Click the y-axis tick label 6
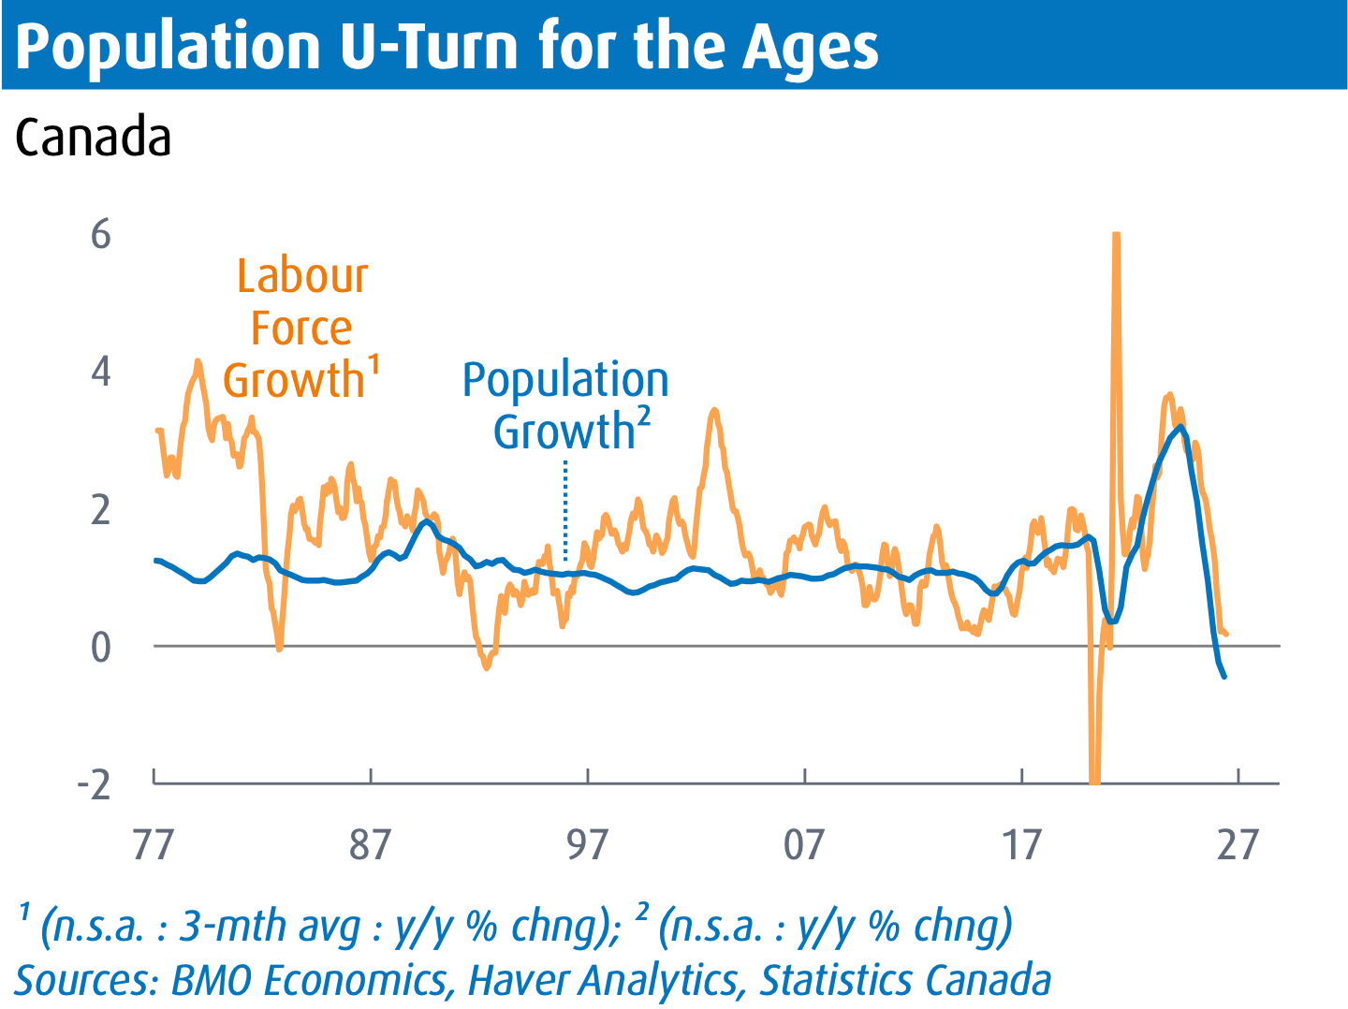click(x=101, y=234)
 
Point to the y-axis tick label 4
click(x=101, y=372)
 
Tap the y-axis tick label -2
click(x=94, y=784)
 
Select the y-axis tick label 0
click(x=101, y=648)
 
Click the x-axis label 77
click(x=154, y=845)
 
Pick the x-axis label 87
click(x=370, y=845)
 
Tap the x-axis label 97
click(x=587, y=845)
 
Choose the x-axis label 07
click(x=804, y=845)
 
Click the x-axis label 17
click(x=1021, y=845)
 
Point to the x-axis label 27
click(x=1238, y=845)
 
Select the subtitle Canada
click(x=93, y=137)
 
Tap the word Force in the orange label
click(x=301, y=329)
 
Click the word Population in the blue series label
click(x=565, y=381)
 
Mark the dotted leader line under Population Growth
click(x=565, y=511)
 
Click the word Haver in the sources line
click(x=515, y=980)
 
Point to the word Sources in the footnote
click(x=86, y=980)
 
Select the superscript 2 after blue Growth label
click(x=643, y=417)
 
